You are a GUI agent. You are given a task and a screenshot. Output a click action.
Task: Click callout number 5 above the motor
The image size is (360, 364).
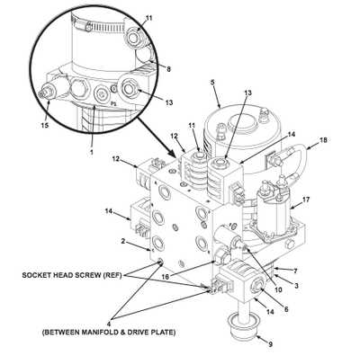[212, 83]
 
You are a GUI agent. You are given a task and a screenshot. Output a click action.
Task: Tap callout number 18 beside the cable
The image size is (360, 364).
[323, 140]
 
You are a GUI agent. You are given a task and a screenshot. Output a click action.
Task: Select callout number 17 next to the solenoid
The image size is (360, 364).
[306, 200]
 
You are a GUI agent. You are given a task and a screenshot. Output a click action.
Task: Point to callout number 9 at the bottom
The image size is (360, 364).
[270, 344]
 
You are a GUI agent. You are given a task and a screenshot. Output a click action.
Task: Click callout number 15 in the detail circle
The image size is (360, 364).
[44, 126]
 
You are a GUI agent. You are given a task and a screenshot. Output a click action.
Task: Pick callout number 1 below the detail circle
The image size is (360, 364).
[92, 152]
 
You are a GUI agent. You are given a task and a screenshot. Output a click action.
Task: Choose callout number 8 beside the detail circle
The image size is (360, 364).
[169, 69]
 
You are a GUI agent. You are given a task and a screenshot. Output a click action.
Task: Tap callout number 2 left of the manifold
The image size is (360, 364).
[123, 241]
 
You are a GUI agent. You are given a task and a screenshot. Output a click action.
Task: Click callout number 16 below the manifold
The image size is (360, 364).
[165, 277]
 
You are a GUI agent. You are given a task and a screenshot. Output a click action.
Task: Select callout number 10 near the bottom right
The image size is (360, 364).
[278, 290]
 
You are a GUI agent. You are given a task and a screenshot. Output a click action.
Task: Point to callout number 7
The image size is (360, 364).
[295, 271]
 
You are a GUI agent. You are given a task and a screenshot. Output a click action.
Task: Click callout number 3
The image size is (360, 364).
[296, 286]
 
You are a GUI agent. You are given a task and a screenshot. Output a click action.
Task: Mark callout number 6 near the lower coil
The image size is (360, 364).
[286, 309]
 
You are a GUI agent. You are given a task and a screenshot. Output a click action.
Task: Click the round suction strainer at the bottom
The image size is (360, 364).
[243, 328]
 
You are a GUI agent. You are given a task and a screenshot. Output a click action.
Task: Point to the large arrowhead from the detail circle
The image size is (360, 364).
[172, 154]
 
